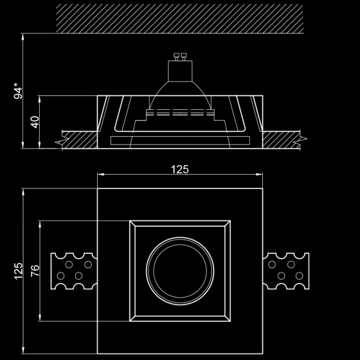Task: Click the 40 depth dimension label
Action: tap(35, 122)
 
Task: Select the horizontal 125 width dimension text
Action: tap(179, 169)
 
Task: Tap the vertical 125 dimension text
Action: tap(18, 271)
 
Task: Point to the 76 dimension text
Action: tap(35, 271)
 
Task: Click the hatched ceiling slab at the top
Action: tap(180, 18)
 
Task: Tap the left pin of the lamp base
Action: tap(175, 58)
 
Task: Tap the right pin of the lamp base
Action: tap(184, 58)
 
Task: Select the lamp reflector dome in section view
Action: tap(179, 90)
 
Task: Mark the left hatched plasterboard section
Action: tap(78, 140)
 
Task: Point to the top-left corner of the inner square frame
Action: tap(130, 221)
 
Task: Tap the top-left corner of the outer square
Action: tap(97, 189)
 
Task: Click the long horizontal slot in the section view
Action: tap(179, 141)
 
